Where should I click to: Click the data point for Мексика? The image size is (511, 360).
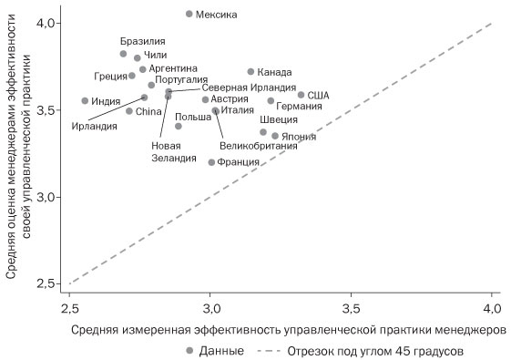[189, 14]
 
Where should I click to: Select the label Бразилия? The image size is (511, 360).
[142, 42]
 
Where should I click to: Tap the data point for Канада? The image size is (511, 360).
[250, 71]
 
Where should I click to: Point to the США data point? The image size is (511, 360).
[301, 95]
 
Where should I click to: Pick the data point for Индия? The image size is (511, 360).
[85, 101]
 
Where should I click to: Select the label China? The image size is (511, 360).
[148, 111]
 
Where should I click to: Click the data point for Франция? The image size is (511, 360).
[211, 162]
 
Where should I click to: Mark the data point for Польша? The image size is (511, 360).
[179, 126]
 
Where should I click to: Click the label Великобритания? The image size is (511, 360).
[259, 146]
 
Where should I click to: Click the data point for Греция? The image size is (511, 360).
[131, 76]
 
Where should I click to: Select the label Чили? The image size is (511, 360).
[156, 56]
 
